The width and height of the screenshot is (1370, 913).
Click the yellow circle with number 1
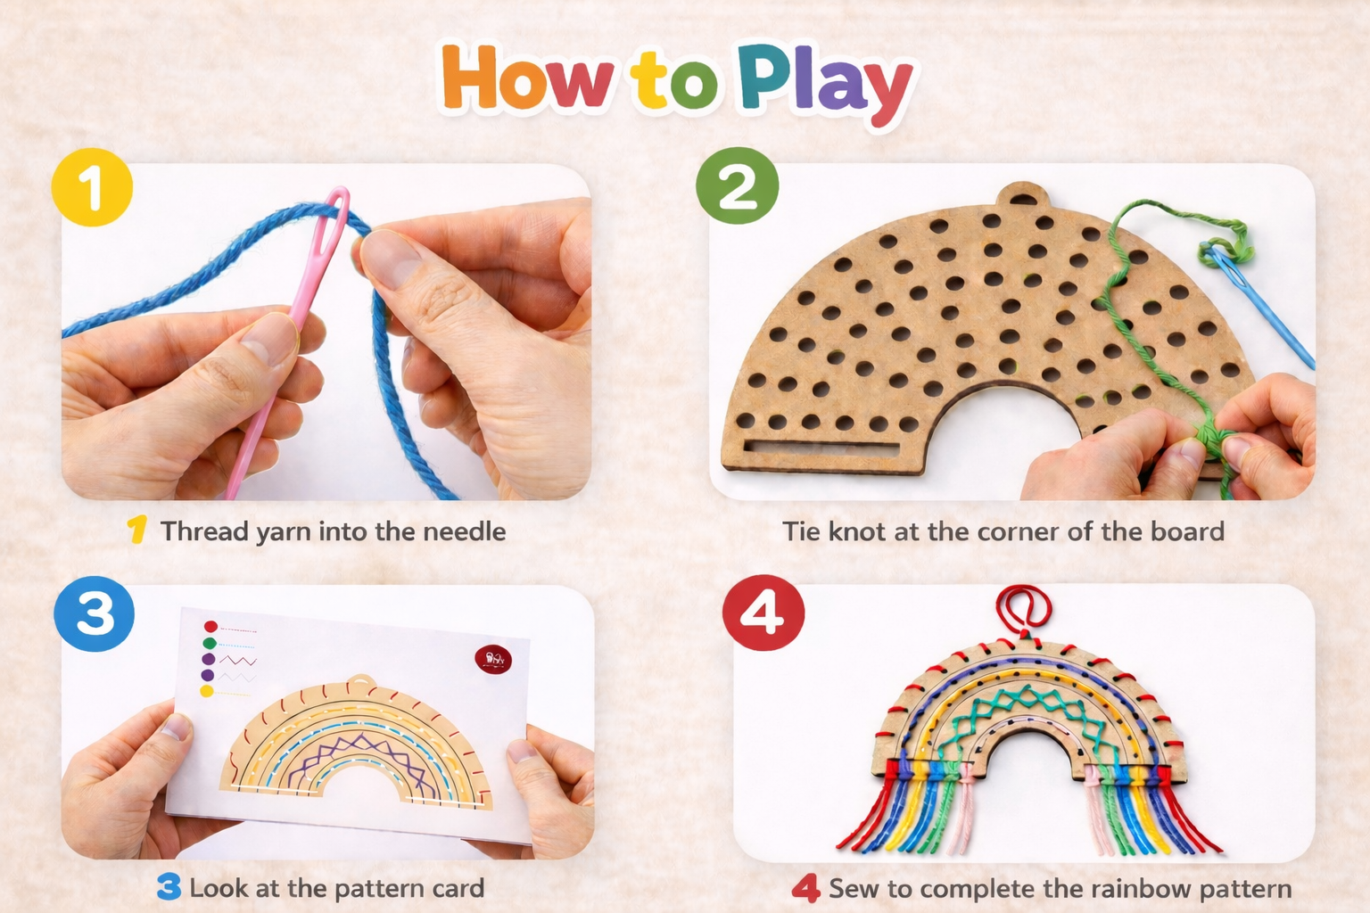[92, 187]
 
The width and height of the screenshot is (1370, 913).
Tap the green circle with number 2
[737, 185]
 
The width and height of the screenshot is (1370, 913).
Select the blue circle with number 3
[95, 614]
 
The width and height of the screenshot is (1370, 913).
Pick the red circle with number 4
[763, 613]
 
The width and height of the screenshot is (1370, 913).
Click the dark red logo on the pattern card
[493, 659]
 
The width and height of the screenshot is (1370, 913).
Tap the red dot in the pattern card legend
[210, 626]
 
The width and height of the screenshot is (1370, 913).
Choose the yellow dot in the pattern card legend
[207, 691]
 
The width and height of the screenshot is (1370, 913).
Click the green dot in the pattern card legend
[210, 644]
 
